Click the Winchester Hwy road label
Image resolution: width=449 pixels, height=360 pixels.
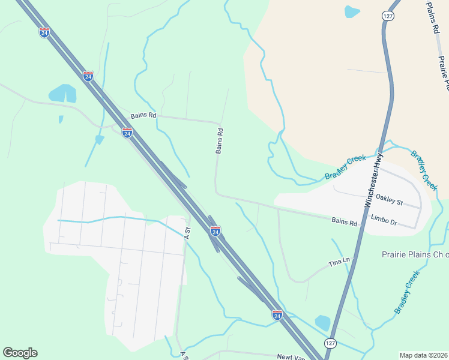pyautogui.click(x=373, y=181)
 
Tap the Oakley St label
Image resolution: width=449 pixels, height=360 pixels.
pyautogui.click(x=389, y=199)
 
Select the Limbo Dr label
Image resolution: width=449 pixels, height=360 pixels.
pyautogui.click(x=384, y=222)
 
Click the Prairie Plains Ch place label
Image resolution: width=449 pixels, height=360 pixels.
pyautogui.click(x=415, y=254)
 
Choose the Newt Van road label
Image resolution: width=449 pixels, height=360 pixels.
pyautogui.click(x=291, y=357)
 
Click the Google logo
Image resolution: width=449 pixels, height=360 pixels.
pyautogui.click(x=20, y=353)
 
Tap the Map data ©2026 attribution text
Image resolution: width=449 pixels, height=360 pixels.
pyautogui.click(x=424, y=355)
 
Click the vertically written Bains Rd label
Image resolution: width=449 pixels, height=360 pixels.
pyautogui.click(x=220, y=141)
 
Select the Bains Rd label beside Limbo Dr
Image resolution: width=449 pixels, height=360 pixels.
pyautogui.click(x=345, y=222)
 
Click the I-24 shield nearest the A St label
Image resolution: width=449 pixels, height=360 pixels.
pyautogui.click(x=215, y=230)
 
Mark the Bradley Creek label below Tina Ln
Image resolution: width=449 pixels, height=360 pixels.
pyautogui.click(x=406, y=292)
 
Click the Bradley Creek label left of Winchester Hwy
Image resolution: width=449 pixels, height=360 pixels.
pyautogui.click(x=345, y=167)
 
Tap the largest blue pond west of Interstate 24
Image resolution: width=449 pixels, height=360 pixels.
pyautogui.click(x=62, y=93)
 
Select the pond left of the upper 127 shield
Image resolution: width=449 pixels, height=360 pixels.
pyautogui.click(x=352, y=11)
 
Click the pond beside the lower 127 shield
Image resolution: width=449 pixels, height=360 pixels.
pyautogui.click(x=322, y=323)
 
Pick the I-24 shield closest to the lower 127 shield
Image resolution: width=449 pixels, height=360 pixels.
pyautogui.click(x=277, y=314)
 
